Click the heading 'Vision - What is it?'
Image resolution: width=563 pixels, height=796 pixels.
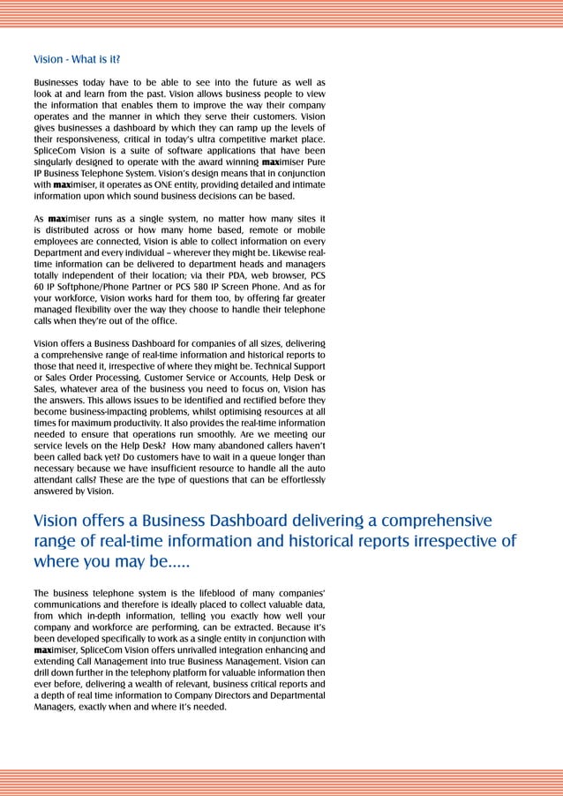pyautogui.click(x=77, y=60)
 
